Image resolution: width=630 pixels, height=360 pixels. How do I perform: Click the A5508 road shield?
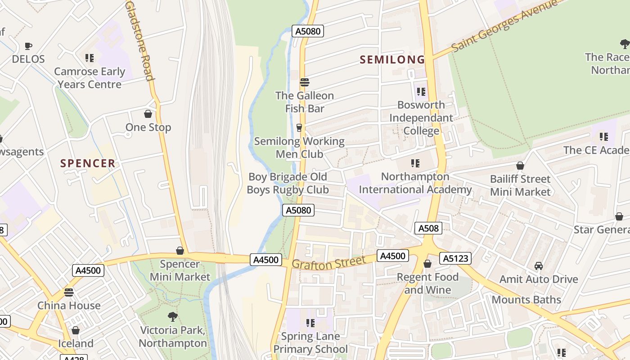(x=428, y=229)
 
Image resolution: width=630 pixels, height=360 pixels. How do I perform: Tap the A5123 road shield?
(x=456, y=258)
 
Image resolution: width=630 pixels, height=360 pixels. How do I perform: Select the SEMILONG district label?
(x=392, y=59)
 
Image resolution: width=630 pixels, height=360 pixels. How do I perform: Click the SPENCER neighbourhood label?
(x=88, y=163)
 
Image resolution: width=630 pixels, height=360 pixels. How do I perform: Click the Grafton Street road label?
(x=328, y=263)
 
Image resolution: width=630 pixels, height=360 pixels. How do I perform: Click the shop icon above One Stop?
(x=148, y=114)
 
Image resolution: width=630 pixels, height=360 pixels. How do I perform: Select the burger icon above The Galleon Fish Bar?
(x=305, y=82)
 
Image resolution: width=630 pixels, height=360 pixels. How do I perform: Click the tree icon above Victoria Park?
(x=172, y=317)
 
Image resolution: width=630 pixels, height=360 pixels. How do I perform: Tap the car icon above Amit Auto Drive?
(x=538, y=266)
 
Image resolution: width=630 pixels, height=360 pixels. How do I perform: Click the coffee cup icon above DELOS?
(x=28, y=46)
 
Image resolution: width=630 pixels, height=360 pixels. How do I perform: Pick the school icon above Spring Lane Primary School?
(x=310, y=323)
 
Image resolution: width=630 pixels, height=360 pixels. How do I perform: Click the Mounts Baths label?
(x=526, y=300)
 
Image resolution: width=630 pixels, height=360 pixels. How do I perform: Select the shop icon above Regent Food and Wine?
(x=427, y=264)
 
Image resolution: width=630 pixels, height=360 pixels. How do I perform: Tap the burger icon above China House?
(x=68, y=292)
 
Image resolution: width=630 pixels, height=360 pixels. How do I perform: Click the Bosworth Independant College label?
(x=421, y=117)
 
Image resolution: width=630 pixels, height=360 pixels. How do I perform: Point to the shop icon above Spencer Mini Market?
(x=180, y=251)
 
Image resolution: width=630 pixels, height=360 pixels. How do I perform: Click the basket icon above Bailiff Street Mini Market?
(x=520, y=166)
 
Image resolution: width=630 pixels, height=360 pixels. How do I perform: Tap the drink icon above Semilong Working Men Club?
(x=299, y=128)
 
